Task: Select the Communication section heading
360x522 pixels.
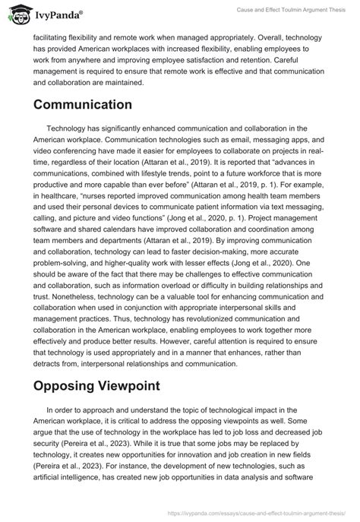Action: click(x=83, y=104)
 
